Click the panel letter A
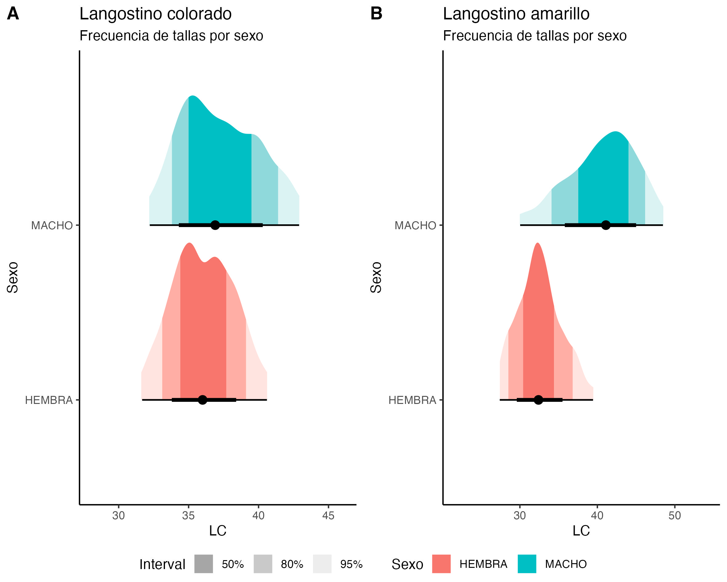(x=13, y=14)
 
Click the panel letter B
(x=376, y=14)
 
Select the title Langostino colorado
(x=155, y=14)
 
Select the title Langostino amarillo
(x=516, y=14)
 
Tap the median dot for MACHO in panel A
(x=215, y=225)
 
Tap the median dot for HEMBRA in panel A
(x=202, y=400)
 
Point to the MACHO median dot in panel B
(x=606, y=225)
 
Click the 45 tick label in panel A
(x=328, y=515)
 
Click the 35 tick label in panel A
(x=188, y=515)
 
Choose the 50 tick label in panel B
(x=675, y=515)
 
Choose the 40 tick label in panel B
(x=597, y=515)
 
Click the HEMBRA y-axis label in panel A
(x=49, y=400)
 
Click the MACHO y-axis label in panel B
(x=416, y=225)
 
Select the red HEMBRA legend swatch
(x=441, y=564)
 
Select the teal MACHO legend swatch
(x=527, y=564)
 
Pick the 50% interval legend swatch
(x=204, y=564)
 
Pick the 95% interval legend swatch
(x=322, y=564)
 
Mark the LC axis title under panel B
(x=581, y=531)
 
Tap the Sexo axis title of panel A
(x=13, y=277)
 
